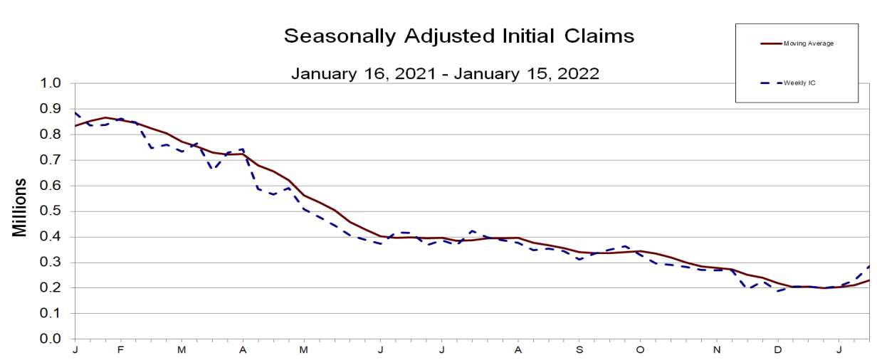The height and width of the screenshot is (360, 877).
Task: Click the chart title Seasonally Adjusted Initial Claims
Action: [458, 36]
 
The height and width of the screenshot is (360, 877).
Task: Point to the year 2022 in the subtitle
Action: [578, 73]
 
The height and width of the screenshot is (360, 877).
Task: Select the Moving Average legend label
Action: [808, 43]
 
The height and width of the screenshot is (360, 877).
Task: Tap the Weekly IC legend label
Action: [799, 83]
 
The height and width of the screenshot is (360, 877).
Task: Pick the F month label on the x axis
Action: [120, 350]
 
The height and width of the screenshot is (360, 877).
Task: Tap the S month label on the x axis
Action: [579, 350]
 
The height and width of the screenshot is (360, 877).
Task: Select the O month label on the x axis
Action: [640, 350]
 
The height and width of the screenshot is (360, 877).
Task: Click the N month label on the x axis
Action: [718, 350]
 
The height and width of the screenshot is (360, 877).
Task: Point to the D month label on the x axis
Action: [778, 350]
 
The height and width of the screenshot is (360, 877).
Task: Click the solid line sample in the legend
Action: [770, 43]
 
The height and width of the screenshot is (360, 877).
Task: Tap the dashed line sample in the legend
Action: [770, 83]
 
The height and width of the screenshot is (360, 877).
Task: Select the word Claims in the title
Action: [595, 36]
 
